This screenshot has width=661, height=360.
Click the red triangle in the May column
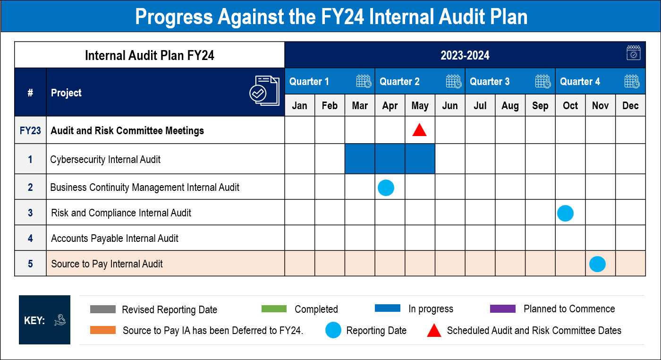click(x=419, y=130)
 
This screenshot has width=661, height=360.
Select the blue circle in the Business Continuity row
click(x=386, y=188)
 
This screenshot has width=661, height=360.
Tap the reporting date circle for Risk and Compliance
click(x=565, y=213)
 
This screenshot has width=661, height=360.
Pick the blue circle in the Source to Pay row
click(x=597, y=264)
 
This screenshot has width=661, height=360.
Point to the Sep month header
click(x=540, y=105)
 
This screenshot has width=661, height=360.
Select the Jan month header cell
click(x=299, y=105)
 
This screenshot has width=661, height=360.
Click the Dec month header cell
click(x=630, y=105)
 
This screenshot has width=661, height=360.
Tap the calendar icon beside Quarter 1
click(x=364, y=81)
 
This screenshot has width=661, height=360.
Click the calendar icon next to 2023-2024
click(x=633, y=53)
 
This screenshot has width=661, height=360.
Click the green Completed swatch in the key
click(x=274, y=309)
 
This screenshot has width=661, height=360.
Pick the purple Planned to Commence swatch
click(x=502, y=309)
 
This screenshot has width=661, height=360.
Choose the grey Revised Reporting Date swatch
click(x=103, y=309)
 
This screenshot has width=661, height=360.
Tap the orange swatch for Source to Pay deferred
click(x=103, y=330)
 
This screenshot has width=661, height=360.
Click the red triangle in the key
click(x=434, y=330)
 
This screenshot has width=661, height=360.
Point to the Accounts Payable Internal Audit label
click(x=115, y=239)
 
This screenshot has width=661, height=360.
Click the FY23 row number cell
click(x=30, y=130)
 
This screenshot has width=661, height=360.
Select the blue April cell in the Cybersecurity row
click(x=390, y=159)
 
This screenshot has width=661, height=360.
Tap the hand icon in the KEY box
click(x=60, y=320)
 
